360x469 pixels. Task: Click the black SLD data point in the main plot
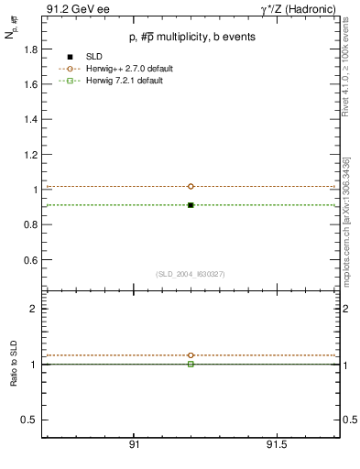(191, 205)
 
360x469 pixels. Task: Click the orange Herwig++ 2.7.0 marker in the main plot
(191, 186)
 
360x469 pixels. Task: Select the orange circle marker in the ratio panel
(191, 355)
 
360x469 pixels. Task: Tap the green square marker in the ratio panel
(191, 364)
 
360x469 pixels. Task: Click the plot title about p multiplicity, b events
(191, 37)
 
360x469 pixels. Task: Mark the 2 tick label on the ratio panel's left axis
(33, 309)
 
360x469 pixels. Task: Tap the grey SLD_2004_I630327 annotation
(191, 274)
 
